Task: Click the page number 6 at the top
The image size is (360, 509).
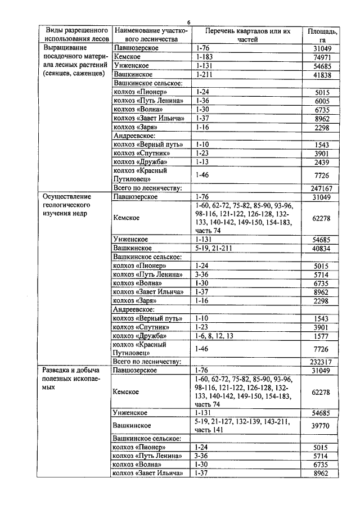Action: (x=188, y=22)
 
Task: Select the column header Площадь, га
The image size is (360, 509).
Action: (x=322, y=35)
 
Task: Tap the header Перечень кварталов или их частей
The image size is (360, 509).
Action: (x=247, y=35)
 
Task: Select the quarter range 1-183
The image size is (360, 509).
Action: (x=203, y=57)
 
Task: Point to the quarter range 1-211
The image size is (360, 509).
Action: (x=203, y=74)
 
